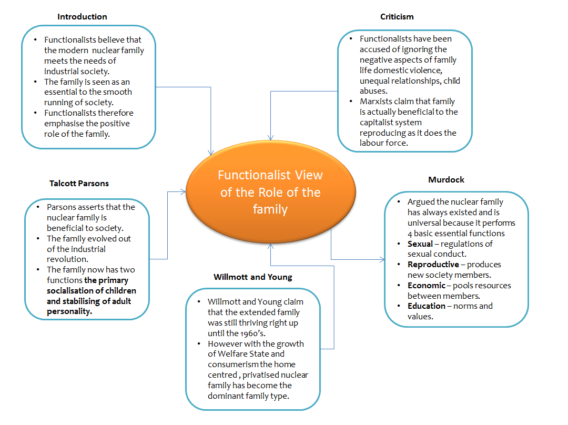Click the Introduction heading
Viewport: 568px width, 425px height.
82,17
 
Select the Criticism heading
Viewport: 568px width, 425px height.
397,17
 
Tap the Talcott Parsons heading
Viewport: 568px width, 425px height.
79,184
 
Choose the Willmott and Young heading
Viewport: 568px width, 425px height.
253,277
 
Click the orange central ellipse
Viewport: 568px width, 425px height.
270,191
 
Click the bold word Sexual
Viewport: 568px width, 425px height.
420,244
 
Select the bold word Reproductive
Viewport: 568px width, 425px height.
433,265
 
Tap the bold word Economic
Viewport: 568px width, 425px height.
426,286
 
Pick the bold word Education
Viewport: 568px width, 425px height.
427,306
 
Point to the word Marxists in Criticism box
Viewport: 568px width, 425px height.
377,102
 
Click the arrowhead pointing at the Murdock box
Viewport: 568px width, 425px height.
382,259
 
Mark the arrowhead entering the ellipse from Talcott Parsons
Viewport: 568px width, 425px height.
184,192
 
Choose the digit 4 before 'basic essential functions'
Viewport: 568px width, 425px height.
410,234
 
